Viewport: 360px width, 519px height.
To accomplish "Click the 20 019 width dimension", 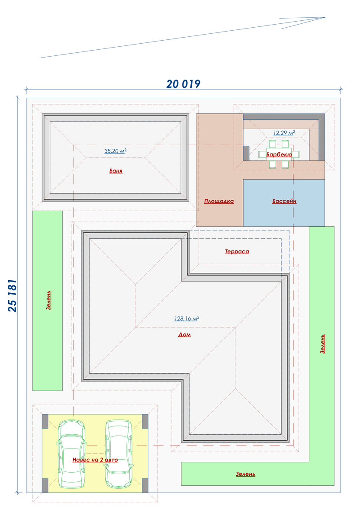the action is [183, 84].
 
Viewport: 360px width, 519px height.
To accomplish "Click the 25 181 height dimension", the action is [13, 296].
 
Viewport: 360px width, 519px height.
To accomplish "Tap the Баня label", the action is [116, 171].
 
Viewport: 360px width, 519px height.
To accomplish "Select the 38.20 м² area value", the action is [116, 151].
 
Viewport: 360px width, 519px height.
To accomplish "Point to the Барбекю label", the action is [279, 154].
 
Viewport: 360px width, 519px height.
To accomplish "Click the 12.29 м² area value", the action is [284, 133].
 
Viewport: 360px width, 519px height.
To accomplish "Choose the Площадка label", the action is [219, 201].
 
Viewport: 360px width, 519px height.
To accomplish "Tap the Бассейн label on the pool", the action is [284, 201].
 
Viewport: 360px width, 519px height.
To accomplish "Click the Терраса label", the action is [237, 251].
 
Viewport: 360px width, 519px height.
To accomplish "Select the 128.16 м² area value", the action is [186, 319].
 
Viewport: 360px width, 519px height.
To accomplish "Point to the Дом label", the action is [184, 335].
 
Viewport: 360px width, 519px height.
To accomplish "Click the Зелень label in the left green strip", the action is [48, 300].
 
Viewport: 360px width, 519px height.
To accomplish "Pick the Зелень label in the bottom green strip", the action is [245, 474].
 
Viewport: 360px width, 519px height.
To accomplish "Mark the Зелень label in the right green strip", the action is [322, 344].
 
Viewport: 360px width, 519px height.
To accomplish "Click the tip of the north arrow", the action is [326, 17].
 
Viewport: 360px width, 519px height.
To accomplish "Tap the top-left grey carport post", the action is [45, 421].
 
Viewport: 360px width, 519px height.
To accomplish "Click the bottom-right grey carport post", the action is [145, 486].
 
